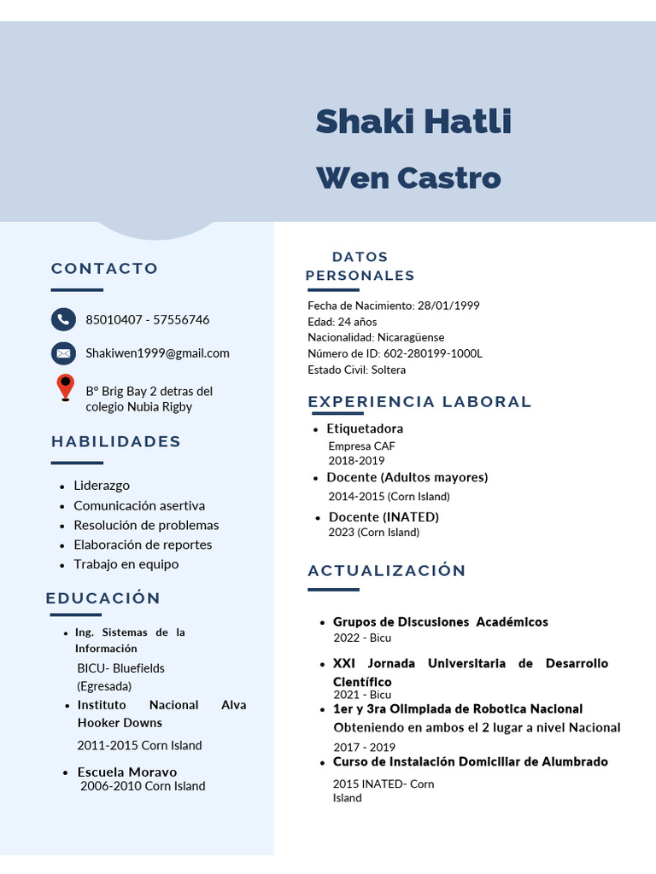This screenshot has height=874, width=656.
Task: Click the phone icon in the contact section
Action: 63,319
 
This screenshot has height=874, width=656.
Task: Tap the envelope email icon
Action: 63,353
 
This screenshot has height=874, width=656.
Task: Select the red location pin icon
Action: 65,387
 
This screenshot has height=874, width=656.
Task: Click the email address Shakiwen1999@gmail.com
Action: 157,353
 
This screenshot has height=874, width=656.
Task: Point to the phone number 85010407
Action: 114,320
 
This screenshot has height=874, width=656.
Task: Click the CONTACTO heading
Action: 104,268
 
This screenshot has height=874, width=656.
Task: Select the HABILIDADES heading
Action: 116,441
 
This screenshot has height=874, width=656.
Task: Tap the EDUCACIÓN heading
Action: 103,597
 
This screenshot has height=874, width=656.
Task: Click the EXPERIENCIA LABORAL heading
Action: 419,401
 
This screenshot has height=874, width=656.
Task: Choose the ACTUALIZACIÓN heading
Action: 387,570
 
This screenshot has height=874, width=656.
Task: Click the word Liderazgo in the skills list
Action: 102,486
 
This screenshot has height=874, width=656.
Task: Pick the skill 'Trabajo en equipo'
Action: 126,564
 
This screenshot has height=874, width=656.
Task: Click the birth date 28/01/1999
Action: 448,306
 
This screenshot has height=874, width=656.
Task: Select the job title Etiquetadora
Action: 365,428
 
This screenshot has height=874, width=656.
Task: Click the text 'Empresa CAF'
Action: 361,446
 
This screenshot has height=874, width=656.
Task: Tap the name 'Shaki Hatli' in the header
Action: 413,121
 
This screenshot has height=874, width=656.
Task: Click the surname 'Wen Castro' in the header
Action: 408,178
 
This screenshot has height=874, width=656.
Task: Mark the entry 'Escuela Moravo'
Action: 126,772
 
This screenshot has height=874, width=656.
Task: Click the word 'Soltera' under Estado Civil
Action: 389,370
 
